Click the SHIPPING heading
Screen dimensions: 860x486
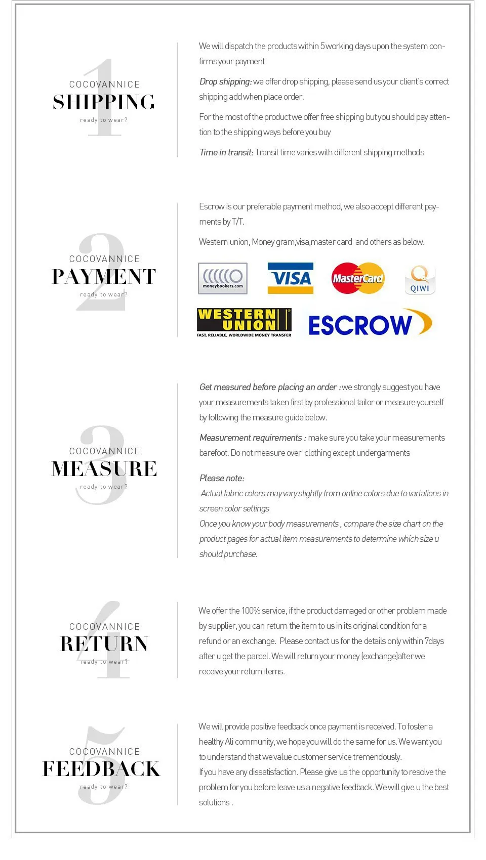[x=104, y=102]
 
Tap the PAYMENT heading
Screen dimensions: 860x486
[x=104, y=277]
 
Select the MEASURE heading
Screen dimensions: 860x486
[x=104, y=469]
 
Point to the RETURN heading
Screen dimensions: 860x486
[x=104, y=644]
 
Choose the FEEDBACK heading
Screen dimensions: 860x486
[x=101, y=769]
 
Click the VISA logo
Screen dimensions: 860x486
[x=290, y=278]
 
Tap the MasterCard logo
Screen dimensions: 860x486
[x=358, y=278]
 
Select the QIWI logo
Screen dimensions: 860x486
[x=420, y=280]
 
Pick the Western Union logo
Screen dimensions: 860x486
[x=244, y=322]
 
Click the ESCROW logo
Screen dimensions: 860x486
[x=370, y=324]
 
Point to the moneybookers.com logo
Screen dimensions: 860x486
[x=223, y=278]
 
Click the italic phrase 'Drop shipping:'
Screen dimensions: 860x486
[x=225, y=81]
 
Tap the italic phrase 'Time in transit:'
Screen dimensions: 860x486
[x=226, y=152]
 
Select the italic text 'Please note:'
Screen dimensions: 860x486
[x=222, y=478]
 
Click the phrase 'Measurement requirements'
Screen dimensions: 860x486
[x=251, y=438]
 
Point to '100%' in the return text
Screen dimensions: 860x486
[x=251, y=611]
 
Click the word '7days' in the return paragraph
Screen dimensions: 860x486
[x=434, y=641]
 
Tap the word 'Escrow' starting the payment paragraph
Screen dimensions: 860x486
[x=212, y=206]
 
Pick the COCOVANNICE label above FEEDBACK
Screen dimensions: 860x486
[x=104, y=752]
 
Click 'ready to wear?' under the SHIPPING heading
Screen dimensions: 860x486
[x=104, y=120]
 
